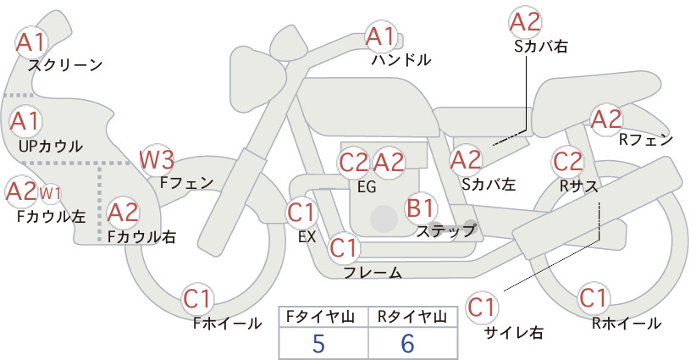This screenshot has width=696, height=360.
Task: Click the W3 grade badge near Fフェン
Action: click(157, 160)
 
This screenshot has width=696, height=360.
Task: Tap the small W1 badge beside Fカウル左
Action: click(51, 193)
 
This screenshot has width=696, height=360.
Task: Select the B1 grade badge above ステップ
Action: click(420, 208)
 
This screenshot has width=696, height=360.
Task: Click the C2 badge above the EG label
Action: click(354, 163)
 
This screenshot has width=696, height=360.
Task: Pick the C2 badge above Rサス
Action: click(567, 161)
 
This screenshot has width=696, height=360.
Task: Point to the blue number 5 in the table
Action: click(318, 344)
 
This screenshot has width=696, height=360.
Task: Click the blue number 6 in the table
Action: click(407, 344)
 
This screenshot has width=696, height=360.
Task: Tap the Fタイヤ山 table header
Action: click(320, 317)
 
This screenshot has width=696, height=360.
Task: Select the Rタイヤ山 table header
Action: click(412, 317)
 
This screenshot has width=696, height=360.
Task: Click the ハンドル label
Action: click(400, 59)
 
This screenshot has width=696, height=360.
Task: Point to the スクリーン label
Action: click(65, 65)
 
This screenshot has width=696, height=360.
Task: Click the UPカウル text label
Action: click(51, 146)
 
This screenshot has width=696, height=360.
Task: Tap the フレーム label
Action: click(373, 273)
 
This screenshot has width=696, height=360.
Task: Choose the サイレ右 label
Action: click(513, 333)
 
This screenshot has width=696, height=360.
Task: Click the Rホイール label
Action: click(627, 324)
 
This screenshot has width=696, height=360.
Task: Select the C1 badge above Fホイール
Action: click(196, 299)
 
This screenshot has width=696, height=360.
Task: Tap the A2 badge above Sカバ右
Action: click(526, 22)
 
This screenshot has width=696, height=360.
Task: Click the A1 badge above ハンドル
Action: click(381, 36)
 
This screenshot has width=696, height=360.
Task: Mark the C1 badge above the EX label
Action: click(301, 213)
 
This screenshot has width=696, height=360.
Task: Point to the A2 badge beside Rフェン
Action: click(606, 119)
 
